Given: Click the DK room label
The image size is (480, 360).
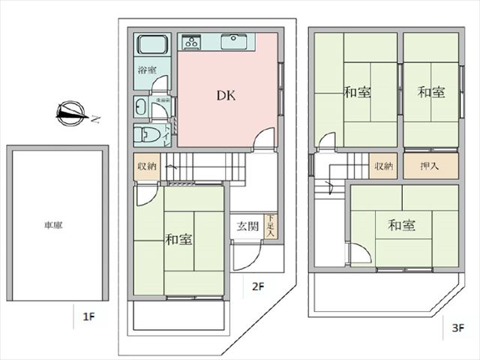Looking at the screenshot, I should (x=227, y=96).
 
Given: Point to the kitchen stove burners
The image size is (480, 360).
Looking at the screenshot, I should (x=190, y=42).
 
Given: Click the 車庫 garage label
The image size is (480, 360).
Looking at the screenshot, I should (x=52, y=224).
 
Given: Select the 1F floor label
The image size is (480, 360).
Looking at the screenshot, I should (x=88, y=316).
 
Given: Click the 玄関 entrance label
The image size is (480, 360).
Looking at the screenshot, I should (x=247, y=226).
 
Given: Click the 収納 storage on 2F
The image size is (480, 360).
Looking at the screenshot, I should (x=146, y=166).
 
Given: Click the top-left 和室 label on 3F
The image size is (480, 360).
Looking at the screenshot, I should (x=356, y=92).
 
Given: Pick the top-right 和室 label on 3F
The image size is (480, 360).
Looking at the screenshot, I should (x=431, y=92).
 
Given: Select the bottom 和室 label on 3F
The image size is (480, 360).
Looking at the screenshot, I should (x=401, y=225).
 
